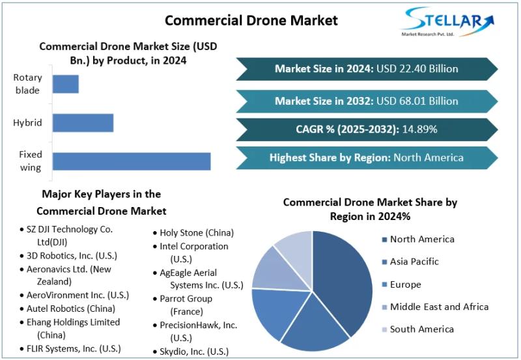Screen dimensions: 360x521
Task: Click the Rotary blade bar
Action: click(65, 84)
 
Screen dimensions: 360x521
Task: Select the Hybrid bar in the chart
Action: click(83, 122)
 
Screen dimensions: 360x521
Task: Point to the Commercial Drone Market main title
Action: click(251, 20)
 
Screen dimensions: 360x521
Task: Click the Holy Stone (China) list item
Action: click(196, 232)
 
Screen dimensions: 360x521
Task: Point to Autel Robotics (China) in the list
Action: click(71, 308)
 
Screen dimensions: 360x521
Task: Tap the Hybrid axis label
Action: click(27, 122)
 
